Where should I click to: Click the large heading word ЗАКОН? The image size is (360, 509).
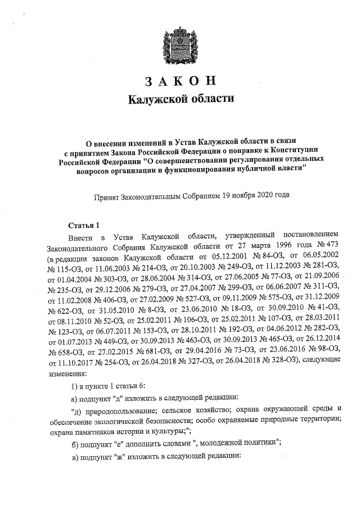click(180, 81)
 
